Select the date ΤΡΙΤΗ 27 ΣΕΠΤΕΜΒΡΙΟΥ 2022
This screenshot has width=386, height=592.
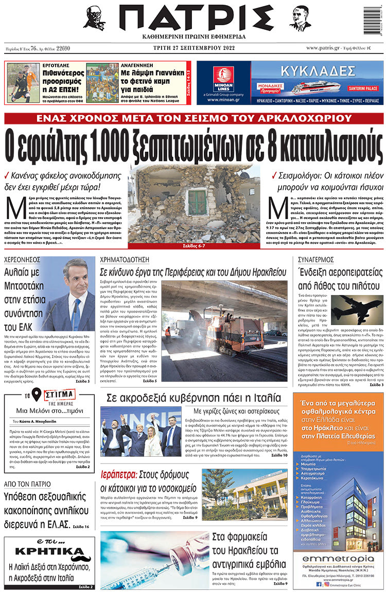193,48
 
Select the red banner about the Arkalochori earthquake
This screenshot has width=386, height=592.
193,118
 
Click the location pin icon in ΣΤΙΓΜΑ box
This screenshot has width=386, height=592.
36,396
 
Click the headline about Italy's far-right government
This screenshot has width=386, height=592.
193,398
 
